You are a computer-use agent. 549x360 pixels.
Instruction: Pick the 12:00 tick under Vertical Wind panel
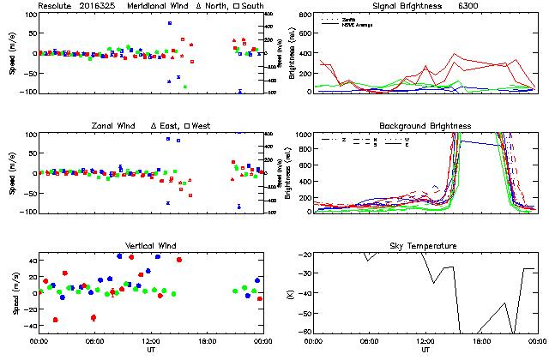click(x=151, y=341)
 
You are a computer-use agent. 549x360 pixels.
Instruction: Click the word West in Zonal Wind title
click(x=202, y=127)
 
